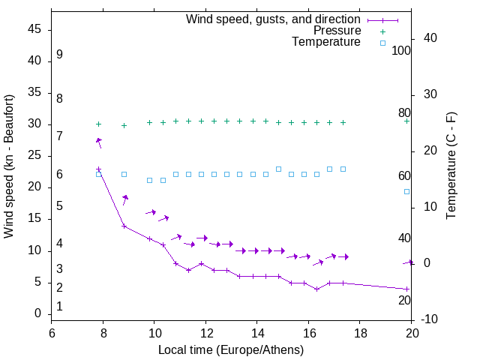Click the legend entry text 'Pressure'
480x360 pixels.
tap(337, 31)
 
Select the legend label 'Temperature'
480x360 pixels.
tap(326, 42)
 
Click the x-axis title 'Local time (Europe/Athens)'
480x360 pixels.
tap(231, 350)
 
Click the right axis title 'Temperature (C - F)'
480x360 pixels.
tap(451, 166)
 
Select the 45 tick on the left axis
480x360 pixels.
tap(34, 29)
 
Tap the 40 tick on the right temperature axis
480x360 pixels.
tap(430, 38)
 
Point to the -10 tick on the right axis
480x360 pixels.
tap(429, 319)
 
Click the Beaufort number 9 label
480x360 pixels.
tap(59, 55)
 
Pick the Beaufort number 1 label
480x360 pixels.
tap(59, 306)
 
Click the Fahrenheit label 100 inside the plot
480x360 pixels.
tap(401, 51)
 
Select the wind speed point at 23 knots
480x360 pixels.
tap(98, 169)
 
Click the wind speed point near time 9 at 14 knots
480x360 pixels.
tap(124, 226)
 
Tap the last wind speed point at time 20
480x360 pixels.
tap(407, 289)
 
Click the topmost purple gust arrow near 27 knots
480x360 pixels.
tap(98, 142)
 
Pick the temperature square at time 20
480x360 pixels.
tap(407, 191)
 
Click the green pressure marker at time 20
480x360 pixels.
tap(407, 121)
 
